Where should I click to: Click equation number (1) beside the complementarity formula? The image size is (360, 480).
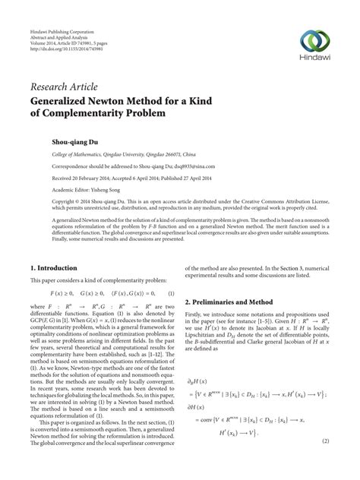pos(172,293)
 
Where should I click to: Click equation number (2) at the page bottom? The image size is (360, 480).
pos(324,462)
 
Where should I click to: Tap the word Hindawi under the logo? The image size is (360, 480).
pos(316,62)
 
